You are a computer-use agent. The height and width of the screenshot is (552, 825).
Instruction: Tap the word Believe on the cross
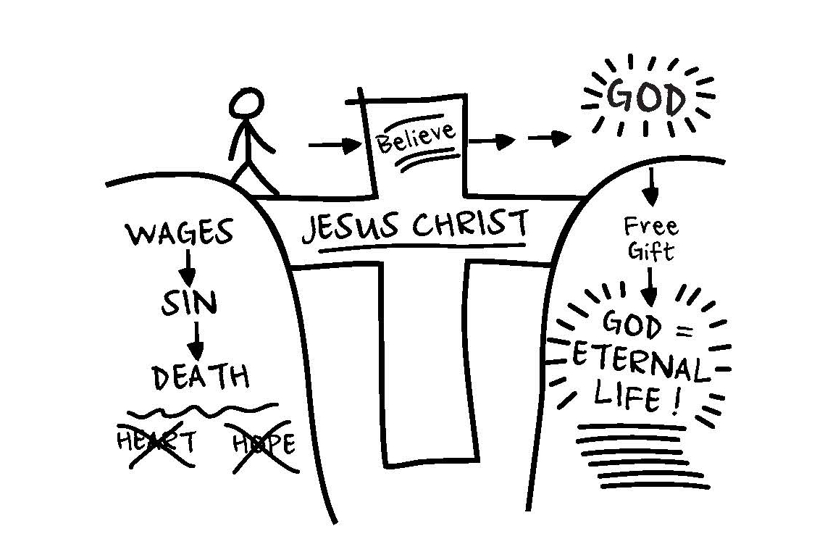(416, 138)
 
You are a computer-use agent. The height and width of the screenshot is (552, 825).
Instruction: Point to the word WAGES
(180, 233)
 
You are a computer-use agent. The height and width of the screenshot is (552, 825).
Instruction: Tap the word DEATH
(201, 377)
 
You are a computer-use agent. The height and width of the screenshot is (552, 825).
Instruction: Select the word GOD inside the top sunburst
(646, 99)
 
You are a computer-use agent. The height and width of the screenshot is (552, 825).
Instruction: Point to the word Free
(651, 227)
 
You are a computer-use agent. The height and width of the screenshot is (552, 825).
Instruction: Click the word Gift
(650, 251)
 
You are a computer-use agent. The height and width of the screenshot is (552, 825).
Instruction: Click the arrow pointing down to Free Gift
(650, 186)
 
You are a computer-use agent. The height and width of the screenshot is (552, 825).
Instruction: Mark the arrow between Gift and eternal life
(648, 288)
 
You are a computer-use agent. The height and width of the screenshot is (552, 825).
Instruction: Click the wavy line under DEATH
(198, 411)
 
